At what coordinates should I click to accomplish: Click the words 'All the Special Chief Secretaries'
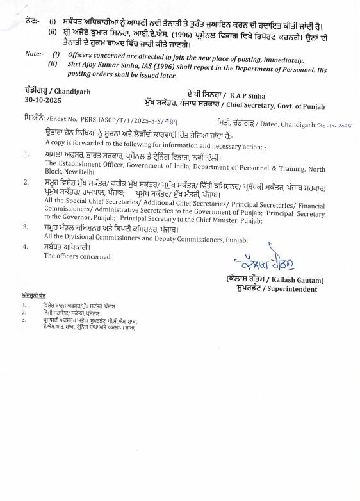(x=86, y=201)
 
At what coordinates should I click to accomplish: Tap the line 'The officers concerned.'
(x=78, y=256)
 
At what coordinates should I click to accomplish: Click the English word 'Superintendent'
(x=297, y=289)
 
